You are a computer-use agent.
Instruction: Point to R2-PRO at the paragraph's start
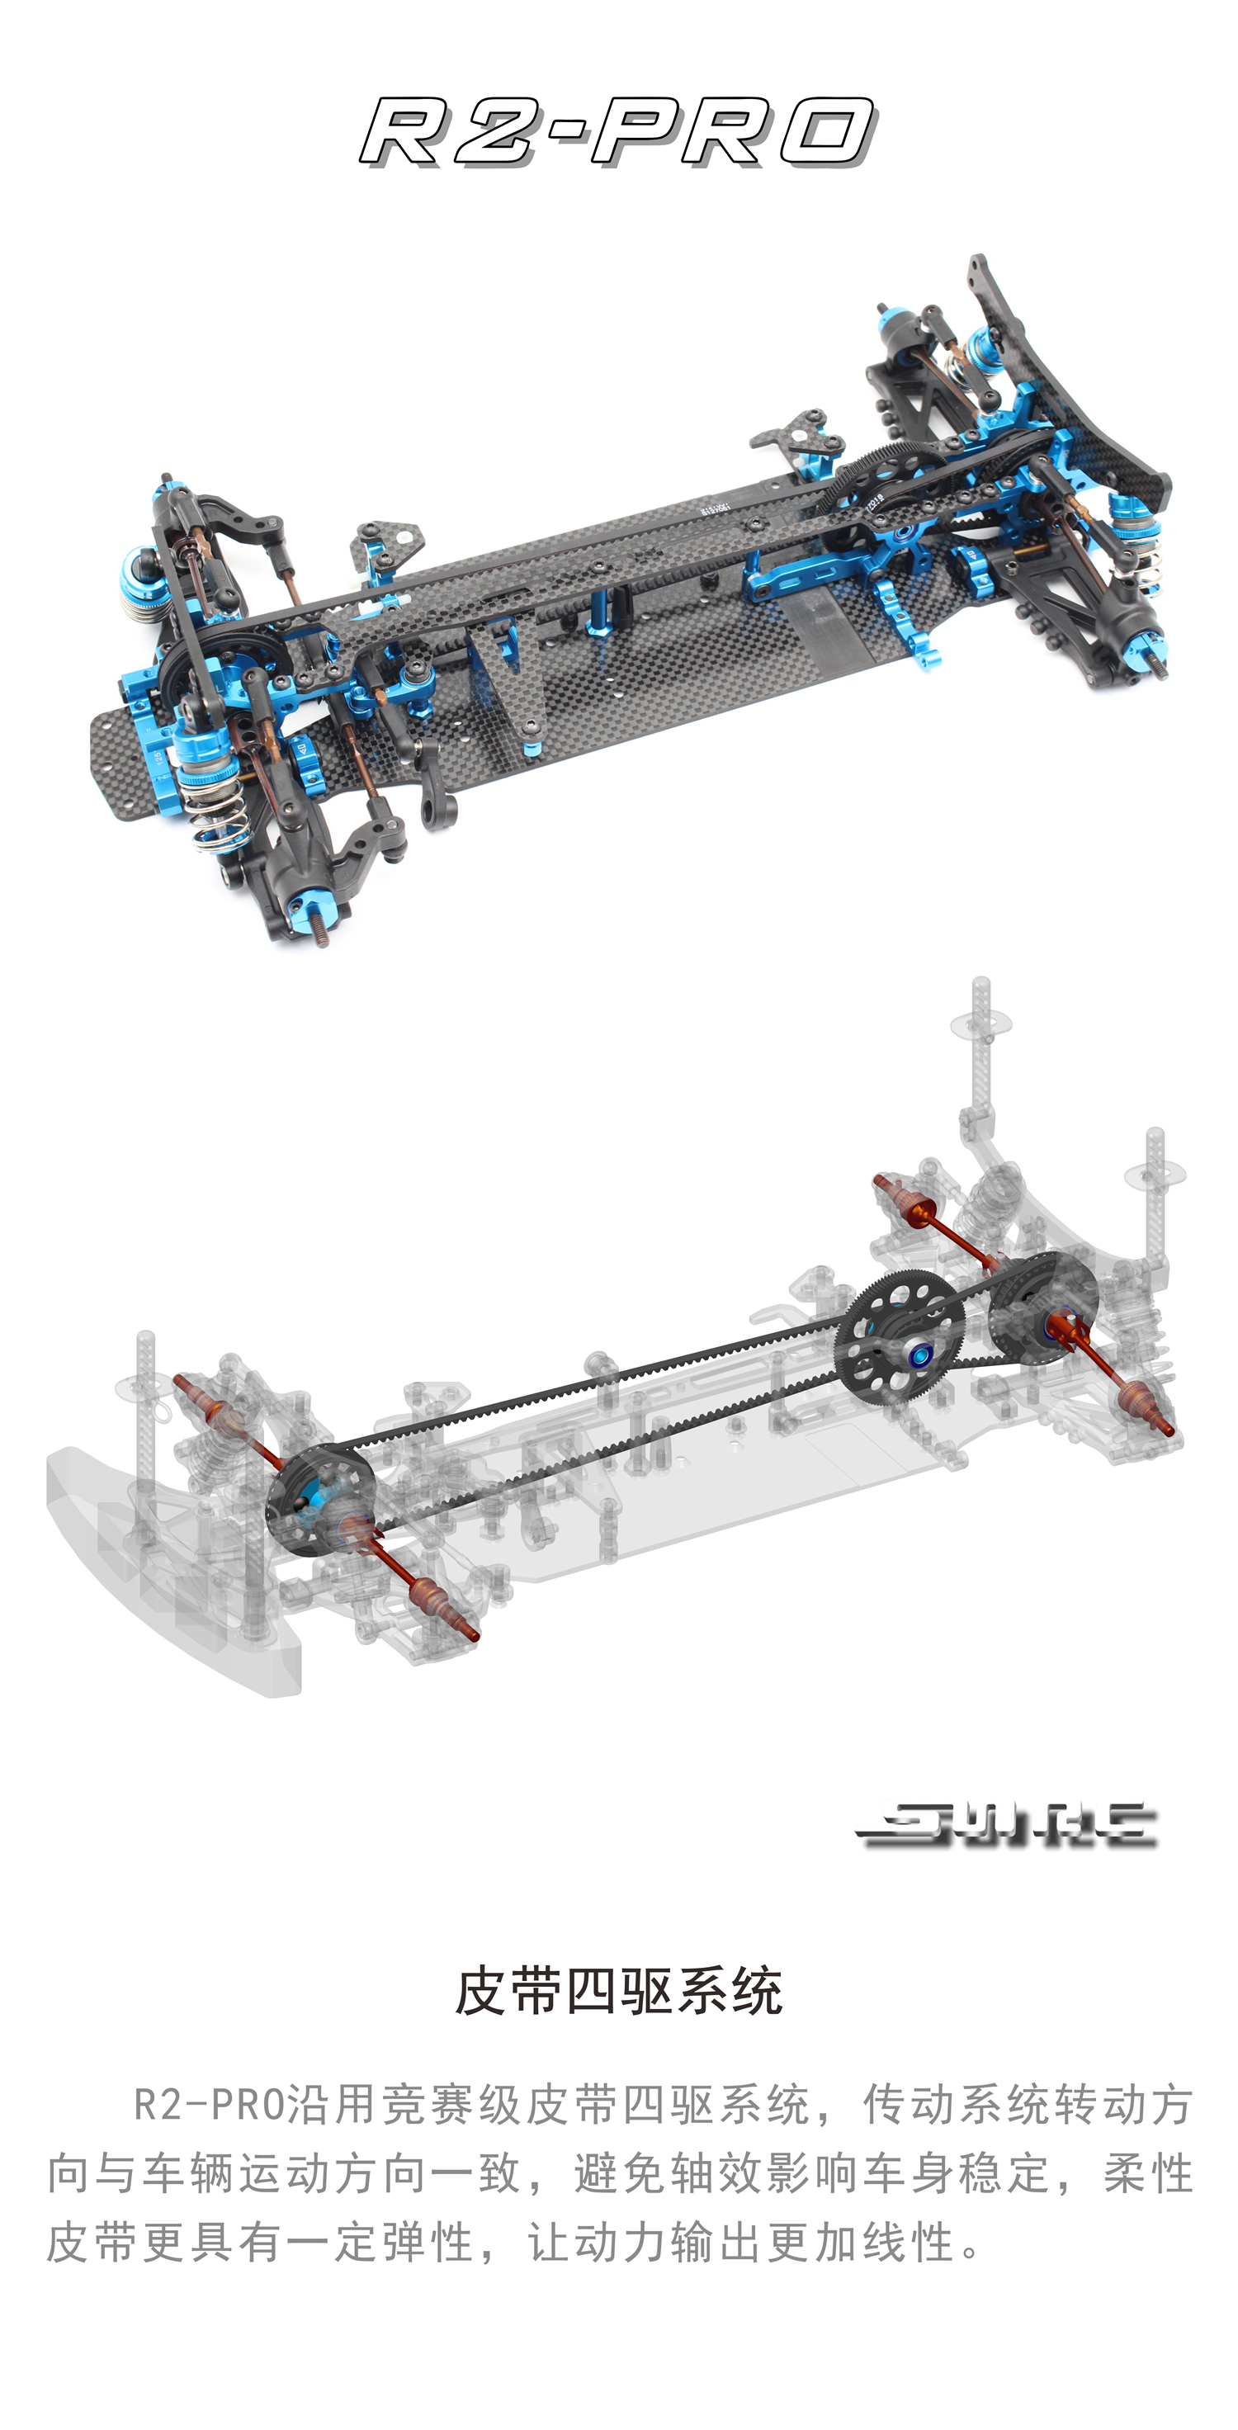click(209, 2105)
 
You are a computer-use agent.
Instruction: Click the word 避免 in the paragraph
click(621, 2173)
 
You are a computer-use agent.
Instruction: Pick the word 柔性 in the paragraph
click(1147, 2173)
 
